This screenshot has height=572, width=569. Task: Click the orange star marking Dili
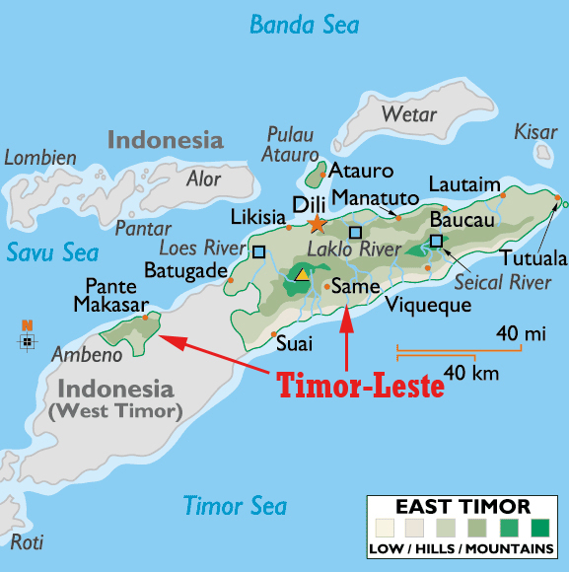pyautogui.click(x=317, y=225)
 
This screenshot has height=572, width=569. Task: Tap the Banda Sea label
pyautogui.click(x=304, y=25)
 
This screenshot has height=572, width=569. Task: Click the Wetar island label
pyautogui.click(x=408, y=115)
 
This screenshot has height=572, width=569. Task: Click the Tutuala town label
pyautogui.click(x=533, y=259)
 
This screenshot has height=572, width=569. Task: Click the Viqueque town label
pyautogui.click(x=428, y=304)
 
